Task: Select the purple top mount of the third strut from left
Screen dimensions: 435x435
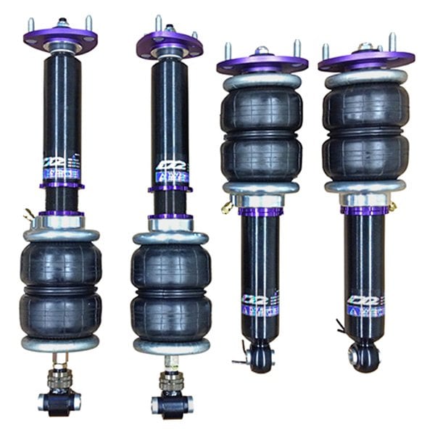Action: (x=262, y=63)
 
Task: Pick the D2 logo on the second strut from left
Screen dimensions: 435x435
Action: (x=171, y=166)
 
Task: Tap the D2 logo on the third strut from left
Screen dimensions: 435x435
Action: (x=258, y=299)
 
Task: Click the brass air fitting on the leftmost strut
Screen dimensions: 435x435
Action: (x=29, y=215)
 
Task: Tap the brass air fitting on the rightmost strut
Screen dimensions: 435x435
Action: (x=394, y=207)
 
